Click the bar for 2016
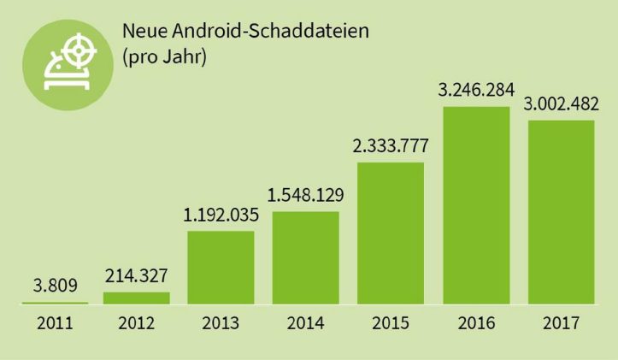[x=475, y=205]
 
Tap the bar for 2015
[x=391, y=233]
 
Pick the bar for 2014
[x=306, y=257]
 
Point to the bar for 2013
[x=221, y=267]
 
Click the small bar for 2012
[x=137, y=298]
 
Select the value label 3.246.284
[x=476, y=89]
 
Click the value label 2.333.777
[x=391, y=145]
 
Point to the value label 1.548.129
[x=306, y=195]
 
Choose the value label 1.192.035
[x=221, y=214]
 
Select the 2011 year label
[x=52, y=324]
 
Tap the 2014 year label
[x=306, y=324]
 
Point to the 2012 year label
[x=137, y=324]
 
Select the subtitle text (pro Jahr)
[x=166, y=59]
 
